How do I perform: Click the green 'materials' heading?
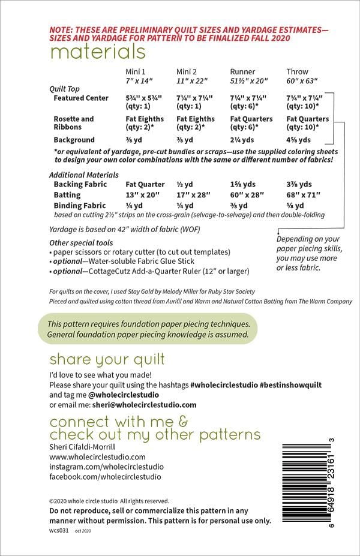[x=97, y=52]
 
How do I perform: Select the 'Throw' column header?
[x=297, y=71]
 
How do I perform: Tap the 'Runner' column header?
[x=243, y=71]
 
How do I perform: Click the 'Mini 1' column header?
[x=135, y=71]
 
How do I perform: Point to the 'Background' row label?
[x=74, y=140]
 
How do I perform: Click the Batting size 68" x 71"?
[x=305, y=195]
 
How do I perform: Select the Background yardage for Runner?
[x=242, y=140]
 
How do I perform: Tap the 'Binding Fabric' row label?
[x=79, y=206]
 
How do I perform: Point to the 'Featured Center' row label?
[x=81, y=98]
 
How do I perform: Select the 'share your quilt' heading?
[x=107, y=360]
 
